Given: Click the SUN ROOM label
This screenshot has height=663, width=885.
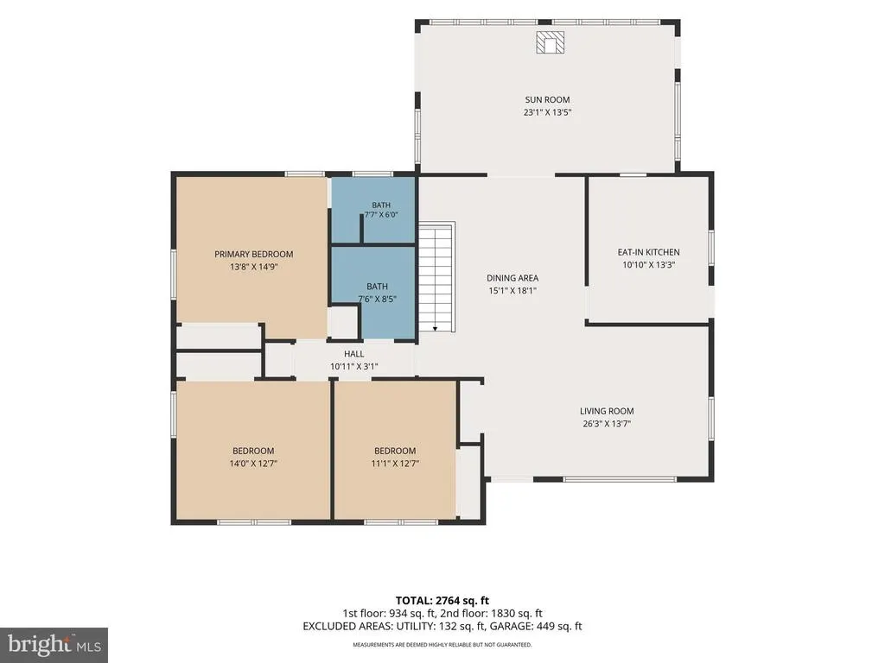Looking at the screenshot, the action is click(x=547, y=100).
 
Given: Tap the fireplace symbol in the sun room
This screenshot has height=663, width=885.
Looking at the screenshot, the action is click(x=551, y=42).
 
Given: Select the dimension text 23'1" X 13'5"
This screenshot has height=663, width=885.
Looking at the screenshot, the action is click(x=547, y=112).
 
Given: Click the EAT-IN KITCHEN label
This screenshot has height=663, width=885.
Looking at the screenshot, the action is click(x=648, y=252).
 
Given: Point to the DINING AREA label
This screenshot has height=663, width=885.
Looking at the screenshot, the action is click(x=513, y=278).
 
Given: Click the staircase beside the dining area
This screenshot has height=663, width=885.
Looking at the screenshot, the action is click(x=436, y=277).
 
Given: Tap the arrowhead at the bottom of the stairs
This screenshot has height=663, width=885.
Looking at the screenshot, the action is click(x=436, y=329).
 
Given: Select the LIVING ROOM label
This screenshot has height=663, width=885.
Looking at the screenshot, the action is click(x=607, y=411).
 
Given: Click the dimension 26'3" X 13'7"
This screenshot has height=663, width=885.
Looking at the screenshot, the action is click(x=607, y=423).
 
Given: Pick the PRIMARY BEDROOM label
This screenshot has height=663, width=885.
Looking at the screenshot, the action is click(x=254, y=255).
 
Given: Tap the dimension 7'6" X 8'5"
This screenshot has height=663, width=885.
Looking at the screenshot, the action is click(x=377, y=299).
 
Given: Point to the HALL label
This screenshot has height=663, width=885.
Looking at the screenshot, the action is click(x=353, y=354).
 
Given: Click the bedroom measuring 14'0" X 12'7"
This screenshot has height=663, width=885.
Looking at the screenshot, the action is click(x=253, y=450).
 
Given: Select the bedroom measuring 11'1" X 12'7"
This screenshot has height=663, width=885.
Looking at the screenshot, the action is click(x=395, y=450).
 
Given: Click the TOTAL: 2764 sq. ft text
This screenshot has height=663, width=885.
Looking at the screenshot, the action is click(x=442, y=601).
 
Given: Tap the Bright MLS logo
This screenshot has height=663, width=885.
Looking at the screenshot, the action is click(x=54, y=644).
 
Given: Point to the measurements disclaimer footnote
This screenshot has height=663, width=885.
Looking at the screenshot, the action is click(x=442, y=644).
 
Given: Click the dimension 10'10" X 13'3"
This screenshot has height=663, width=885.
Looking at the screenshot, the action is click(x=649, y=264).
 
